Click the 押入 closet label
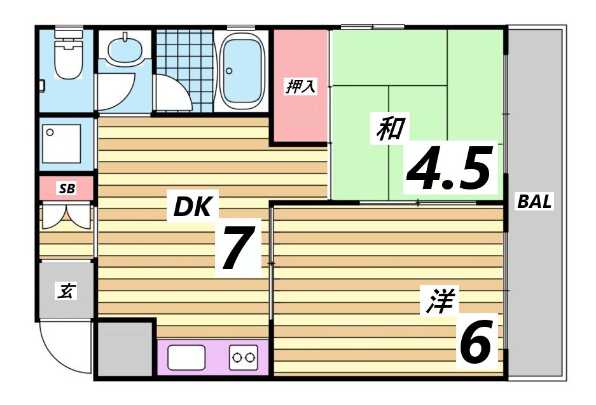pos(300,86)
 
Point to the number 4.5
pos(450,169)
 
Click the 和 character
pos(389,129)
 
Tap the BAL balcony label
pos(535,202)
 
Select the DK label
pos(192,206)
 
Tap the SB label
pos(66,189)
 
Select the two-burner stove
pos(244,357)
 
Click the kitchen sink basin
pos(186,357)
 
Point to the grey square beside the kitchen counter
pos(125,350)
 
